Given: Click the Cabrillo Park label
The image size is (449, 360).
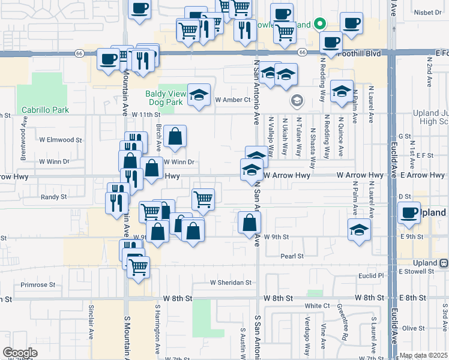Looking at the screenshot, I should click(x=45, y=110).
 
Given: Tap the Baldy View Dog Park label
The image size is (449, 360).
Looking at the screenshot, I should click(x=164, y=97).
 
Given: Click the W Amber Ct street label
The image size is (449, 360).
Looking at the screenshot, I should click(x=232, y=100).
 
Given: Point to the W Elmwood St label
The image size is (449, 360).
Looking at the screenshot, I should click(x=61, y=140).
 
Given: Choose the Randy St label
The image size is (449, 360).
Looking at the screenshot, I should click(x=53, y=196).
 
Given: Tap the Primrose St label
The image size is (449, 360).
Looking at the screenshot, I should click(x=38, y=285).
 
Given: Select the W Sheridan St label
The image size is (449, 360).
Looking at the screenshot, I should click(x=231, y=283).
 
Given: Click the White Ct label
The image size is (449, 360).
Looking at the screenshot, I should click(x=318, y=305).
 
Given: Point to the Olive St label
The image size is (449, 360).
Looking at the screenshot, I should click(x=413, y=328).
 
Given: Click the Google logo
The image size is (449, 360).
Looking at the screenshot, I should click(x=20, y=352).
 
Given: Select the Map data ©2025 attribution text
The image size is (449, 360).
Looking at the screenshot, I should click(x=423, y=355).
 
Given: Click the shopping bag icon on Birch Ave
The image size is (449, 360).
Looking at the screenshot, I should click(x=175, y=137).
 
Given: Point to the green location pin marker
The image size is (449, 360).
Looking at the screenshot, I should click(x=321, y=25).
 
